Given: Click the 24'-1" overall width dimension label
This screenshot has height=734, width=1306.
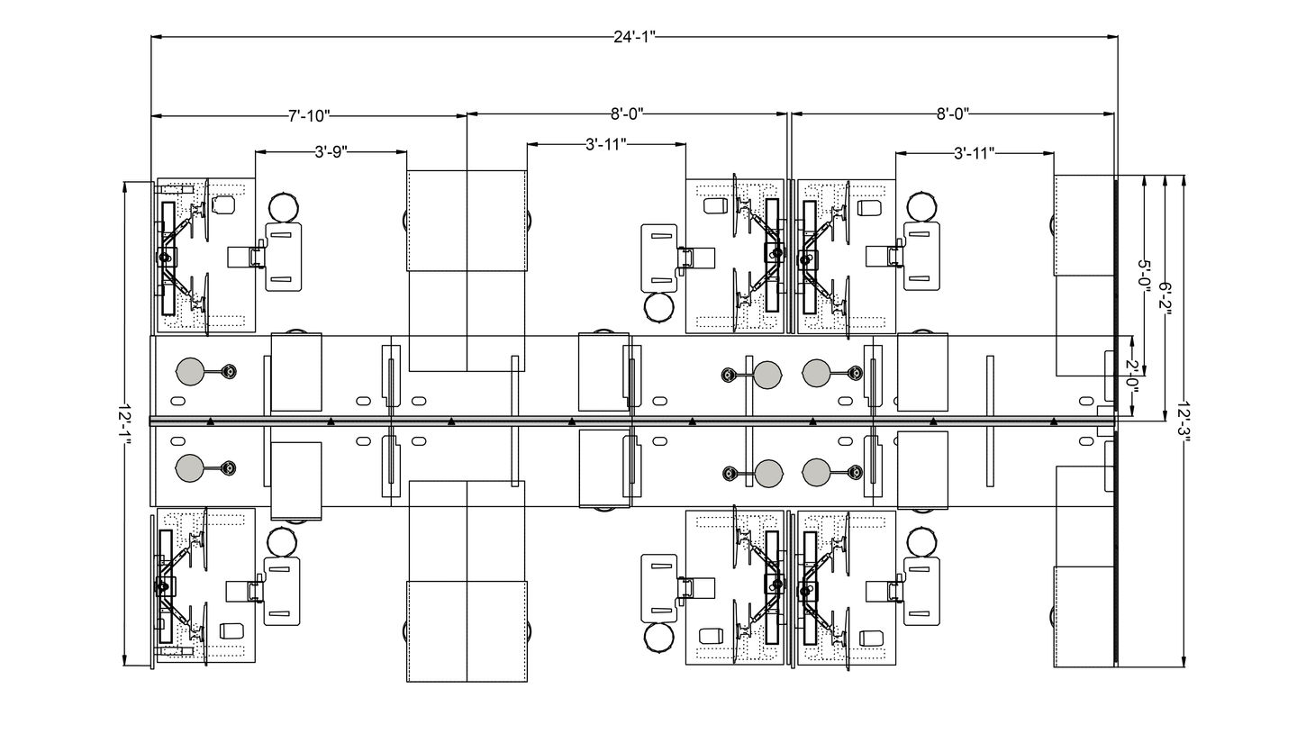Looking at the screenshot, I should tap(634, 37).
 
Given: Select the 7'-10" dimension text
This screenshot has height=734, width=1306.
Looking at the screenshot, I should tap(309, 115).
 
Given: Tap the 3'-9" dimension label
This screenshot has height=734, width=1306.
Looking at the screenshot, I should tap(331, 152).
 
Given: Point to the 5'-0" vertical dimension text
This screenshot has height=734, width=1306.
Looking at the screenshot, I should tap(1144, 275).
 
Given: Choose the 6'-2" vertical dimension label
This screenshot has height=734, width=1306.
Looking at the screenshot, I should tap(1165, 298).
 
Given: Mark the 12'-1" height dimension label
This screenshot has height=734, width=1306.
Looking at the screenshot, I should tap(125, 423).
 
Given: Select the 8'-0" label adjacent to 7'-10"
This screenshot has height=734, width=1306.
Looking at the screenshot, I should tap(627, 114).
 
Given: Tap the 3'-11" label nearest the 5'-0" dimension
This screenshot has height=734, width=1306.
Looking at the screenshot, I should tap(974, 153).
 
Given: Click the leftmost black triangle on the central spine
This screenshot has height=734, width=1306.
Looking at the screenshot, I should tap(210, 421).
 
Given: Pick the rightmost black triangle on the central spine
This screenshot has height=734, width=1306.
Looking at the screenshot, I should tap(1054, 421).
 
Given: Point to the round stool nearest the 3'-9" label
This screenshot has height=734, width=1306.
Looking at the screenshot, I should tap(285, 206).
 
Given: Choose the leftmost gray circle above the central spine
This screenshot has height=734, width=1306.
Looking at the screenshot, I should tap(190, 371).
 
